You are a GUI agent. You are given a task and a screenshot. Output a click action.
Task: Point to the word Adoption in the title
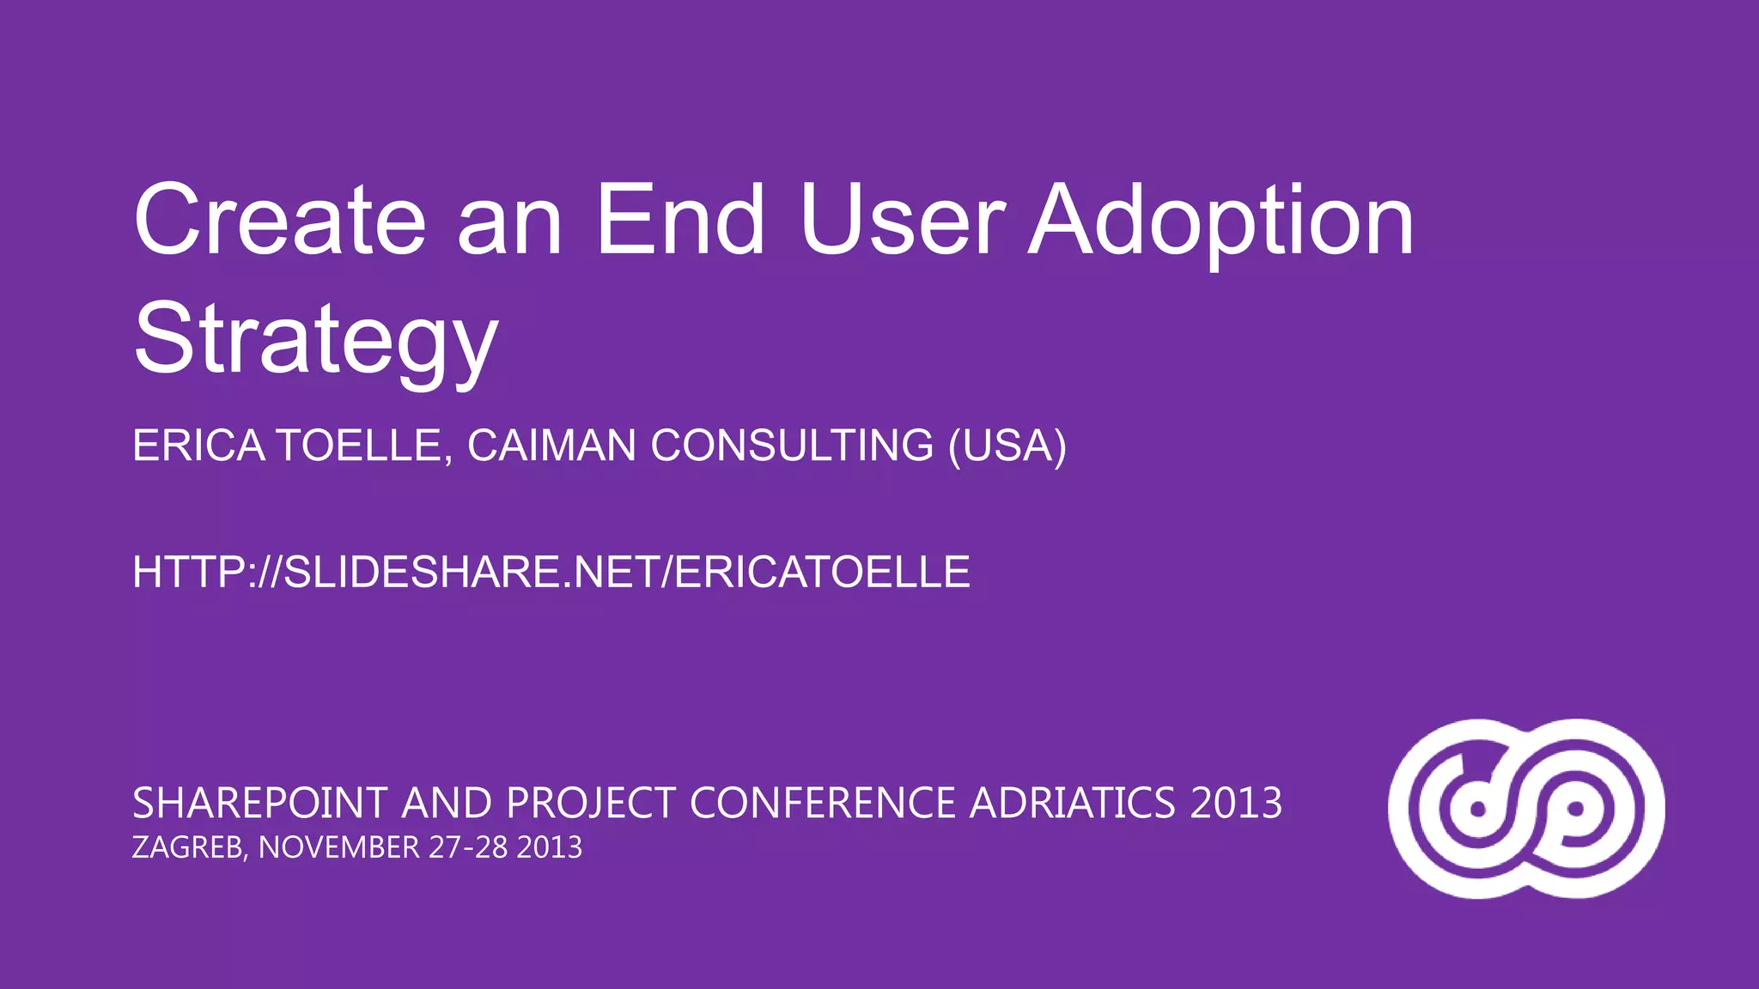tap(1221, 225)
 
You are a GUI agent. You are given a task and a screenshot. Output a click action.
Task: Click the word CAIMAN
tap(551, 446)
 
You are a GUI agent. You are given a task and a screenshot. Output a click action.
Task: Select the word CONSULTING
tap(792, 446)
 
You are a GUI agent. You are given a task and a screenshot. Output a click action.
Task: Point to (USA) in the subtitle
tap(1007, 446)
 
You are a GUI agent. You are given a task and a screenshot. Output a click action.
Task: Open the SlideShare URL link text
tap(551, 573)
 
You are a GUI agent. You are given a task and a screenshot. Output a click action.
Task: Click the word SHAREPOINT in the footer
tap(260, 804)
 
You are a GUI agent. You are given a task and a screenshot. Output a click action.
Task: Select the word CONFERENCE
tap(823, 804)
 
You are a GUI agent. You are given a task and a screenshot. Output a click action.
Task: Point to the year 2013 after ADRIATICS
tap(1236, 804)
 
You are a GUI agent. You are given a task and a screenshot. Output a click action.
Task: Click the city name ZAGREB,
tap(190, 848)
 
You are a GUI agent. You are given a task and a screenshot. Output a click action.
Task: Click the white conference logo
tap(1526, 809)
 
